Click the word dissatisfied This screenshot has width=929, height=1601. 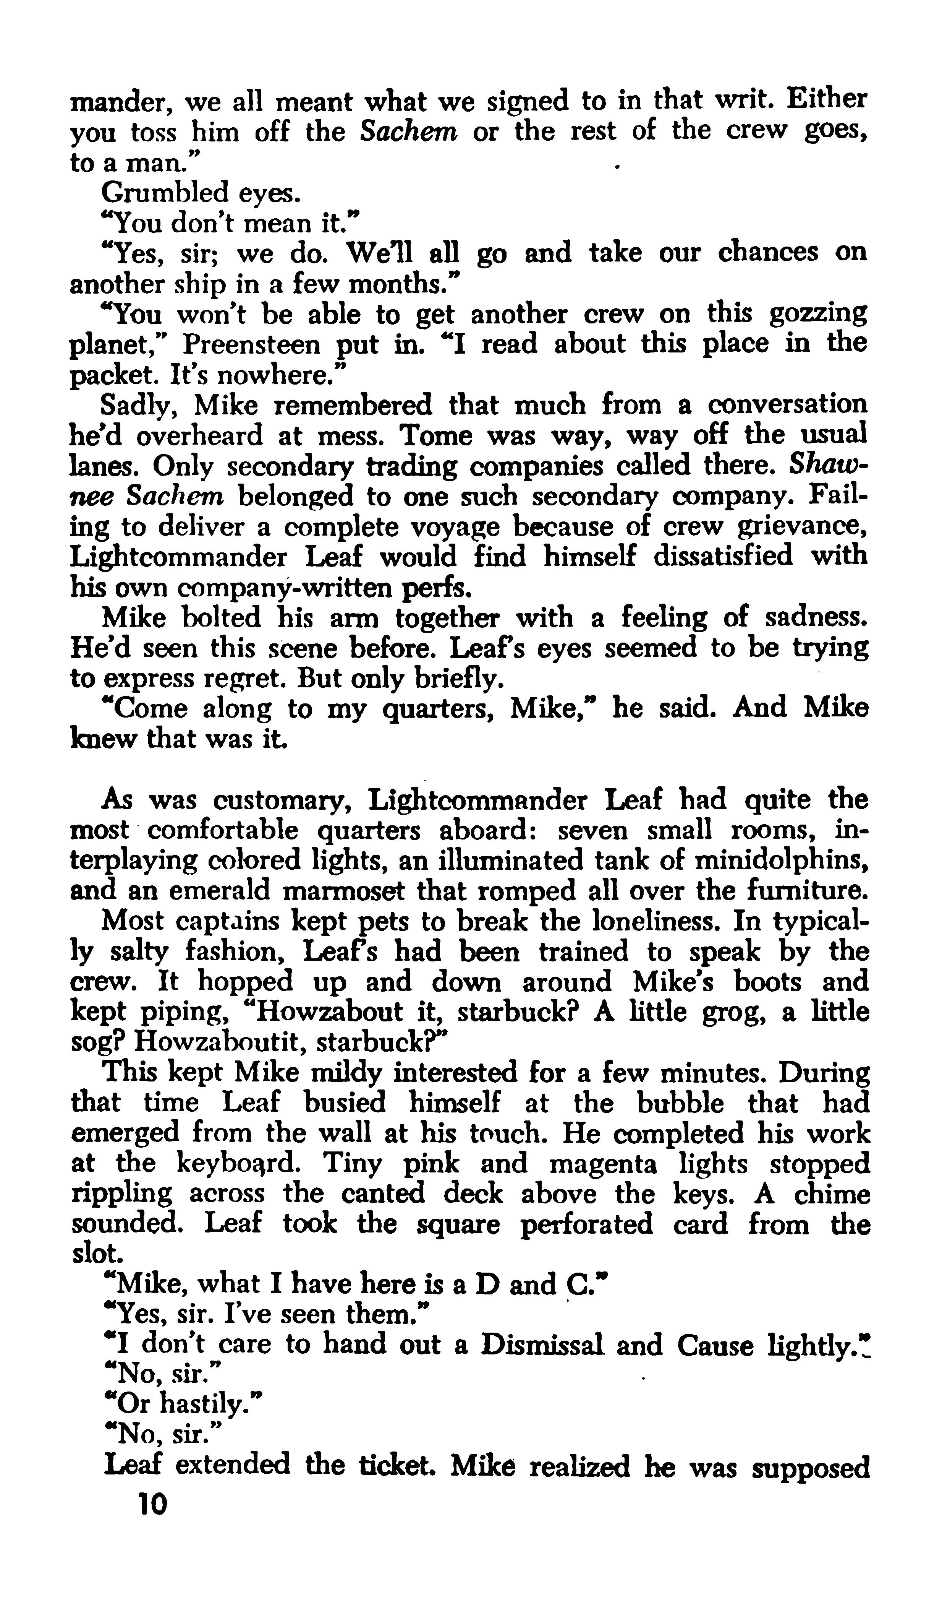[x=723, y=557]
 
